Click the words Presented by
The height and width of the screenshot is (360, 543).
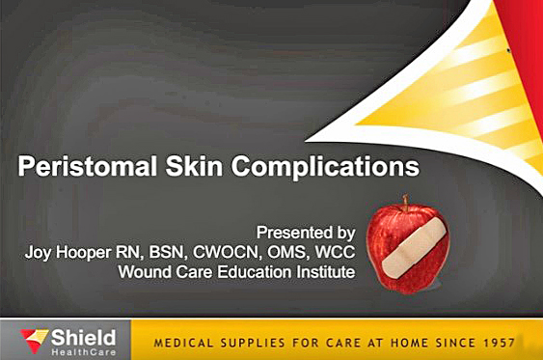[x=305, y=233]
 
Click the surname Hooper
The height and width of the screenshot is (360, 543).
[x=89, y=253]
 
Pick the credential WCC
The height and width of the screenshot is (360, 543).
[x=334, y=253]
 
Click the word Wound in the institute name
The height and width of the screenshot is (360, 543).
[x=146, y=272]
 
